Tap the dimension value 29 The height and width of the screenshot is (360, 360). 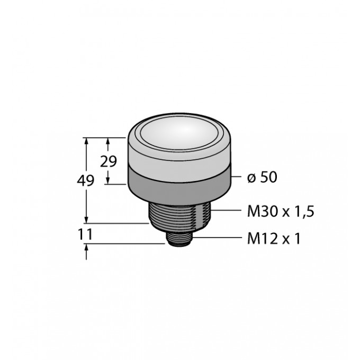click(109, 161)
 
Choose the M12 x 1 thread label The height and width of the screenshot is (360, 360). click(274, 239)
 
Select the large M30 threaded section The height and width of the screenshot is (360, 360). click(180, 217)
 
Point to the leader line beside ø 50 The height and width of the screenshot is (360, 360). click(237, 177)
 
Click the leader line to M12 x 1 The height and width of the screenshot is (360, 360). click(217, 238)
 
